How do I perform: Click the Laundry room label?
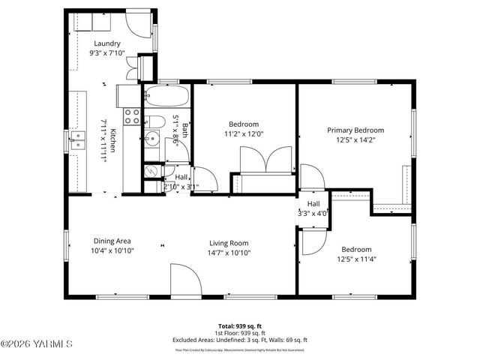107,43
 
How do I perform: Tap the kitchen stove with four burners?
132,115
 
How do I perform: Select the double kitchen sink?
77,137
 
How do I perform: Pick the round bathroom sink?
151,138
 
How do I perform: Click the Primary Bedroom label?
355,129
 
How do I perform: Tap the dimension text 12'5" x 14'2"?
355,139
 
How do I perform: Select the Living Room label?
228,242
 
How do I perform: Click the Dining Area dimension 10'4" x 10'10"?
112,250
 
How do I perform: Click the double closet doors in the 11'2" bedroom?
265,160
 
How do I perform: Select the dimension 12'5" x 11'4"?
355,259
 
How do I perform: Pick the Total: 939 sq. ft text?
239,326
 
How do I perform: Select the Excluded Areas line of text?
239,340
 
